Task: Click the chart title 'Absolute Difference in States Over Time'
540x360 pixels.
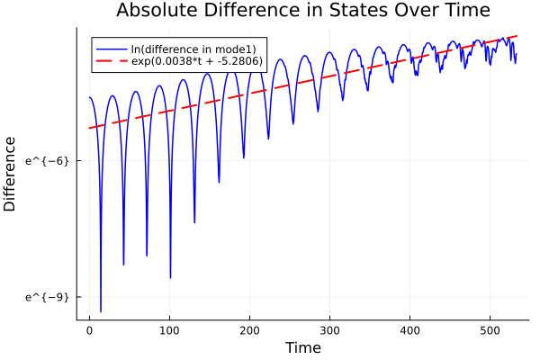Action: pyautogui.click(x=302, y=12)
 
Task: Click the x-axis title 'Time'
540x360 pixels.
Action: pyautogui.click(x=302, y=347)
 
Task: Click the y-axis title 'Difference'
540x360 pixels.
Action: pyautogui.click(x=11, y=174)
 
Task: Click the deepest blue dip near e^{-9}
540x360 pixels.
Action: pyautogui.click(x=101, y=311)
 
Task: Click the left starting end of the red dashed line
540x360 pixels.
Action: pyautogui.click(x=89, y=128)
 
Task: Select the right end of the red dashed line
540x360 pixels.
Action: pyautogui.click(x=517, y=36)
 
